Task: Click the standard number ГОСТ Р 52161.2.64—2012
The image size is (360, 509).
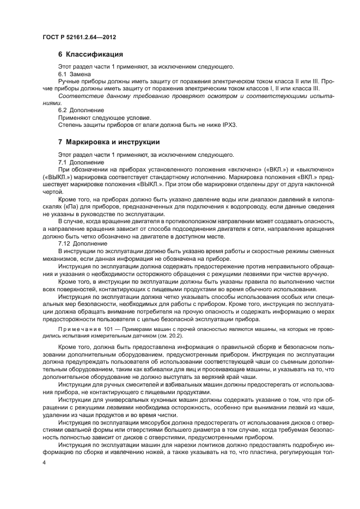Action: [x=79, y=37]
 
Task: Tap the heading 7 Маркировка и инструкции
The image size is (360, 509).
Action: [x=108, y=142]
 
